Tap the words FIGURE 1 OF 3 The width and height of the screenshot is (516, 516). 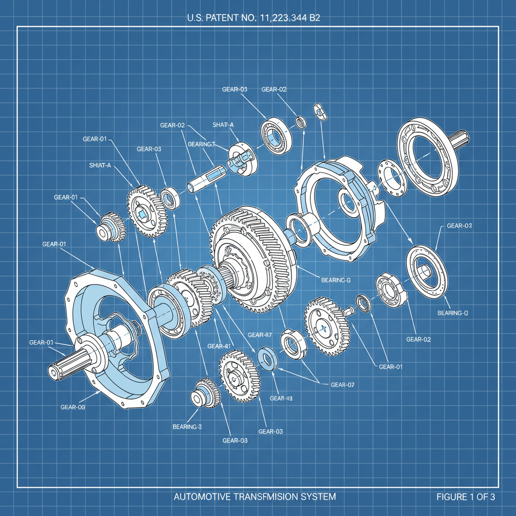[466, 497]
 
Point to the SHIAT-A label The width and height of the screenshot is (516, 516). [100, 165]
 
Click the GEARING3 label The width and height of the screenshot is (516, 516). [201, 144]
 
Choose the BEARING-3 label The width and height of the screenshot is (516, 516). [186, 427]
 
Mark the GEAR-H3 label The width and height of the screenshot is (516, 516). [281, 399]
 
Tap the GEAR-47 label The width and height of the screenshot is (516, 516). [260, 335]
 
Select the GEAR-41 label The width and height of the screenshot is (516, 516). [219, 346]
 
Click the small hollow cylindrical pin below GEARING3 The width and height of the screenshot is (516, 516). [204, 179]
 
